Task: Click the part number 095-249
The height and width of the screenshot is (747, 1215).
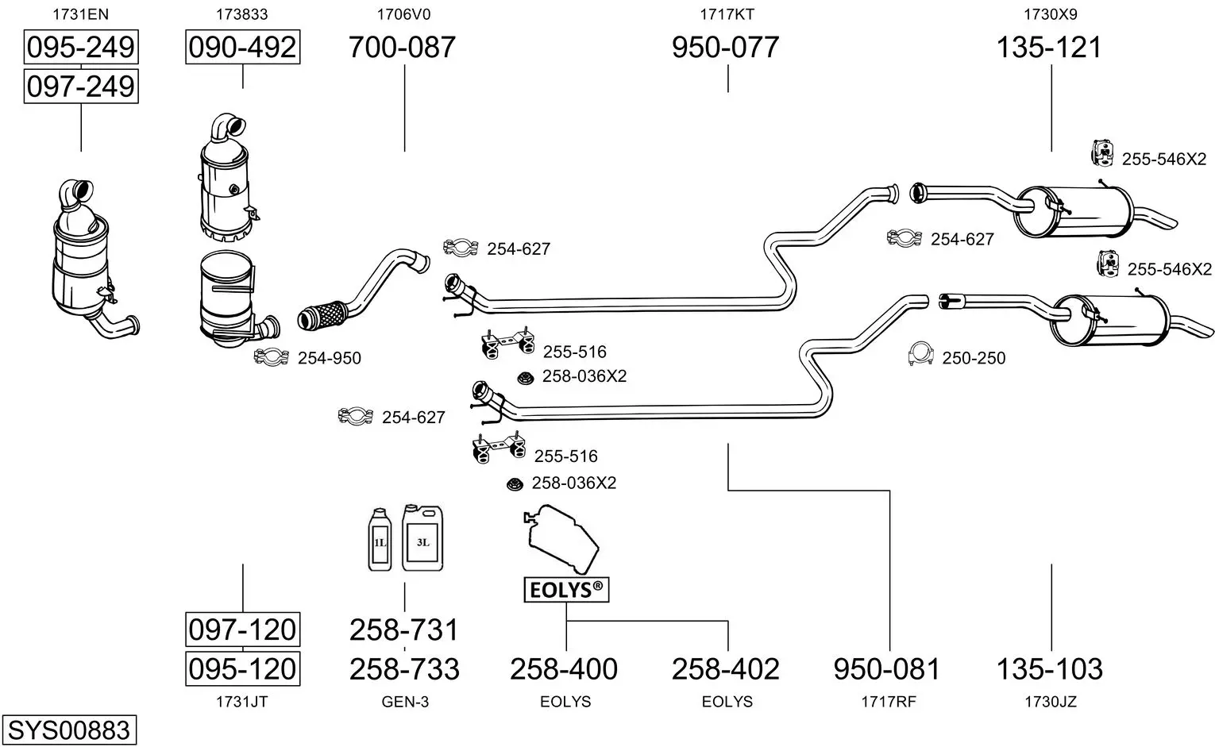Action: (x=81, y=47)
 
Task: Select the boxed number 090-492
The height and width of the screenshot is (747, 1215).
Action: (x=242, y=47)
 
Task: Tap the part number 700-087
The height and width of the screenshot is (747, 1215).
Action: (x=402, y=47)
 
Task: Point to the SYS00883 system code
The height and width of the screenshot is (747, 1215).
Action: (x=69, y=730)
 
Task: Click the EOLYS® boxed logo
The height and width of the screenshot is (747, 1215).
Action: (x=566, y=589)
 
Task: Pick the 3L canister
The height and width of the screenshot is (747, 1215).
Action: (x=422, y=537)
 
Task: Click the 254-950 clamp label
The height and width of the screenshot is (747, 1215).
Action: (x=330, y=358)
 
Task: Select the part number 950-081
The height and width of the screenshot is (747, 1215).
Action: (x=887, y=669)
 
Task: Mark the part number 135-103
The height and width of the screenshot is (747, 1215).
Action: (x=1050, y=669)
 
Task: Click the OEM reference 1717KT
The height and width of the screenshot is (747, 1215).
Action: (x=727, y=14)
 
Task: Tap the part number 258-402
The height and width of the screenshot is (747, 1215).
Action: (x=726, y=669)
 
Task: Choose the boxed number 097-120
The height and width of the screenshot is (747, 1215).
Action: (x=242, y=630)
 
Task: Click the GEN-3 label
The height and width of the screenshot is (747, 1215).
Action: (x=405, y=702)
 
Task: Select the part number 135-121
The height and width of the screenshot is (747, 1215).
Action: (x=1050, y=47)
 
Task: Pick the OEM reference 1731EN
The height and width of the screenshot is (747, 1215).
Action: (x=81, y=14)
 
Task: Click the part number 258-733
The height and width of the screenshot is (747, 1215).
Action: (x=405, y=669)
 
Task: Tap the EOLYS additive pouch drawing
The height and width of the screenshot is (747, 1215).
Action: (x=561, y=539)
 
